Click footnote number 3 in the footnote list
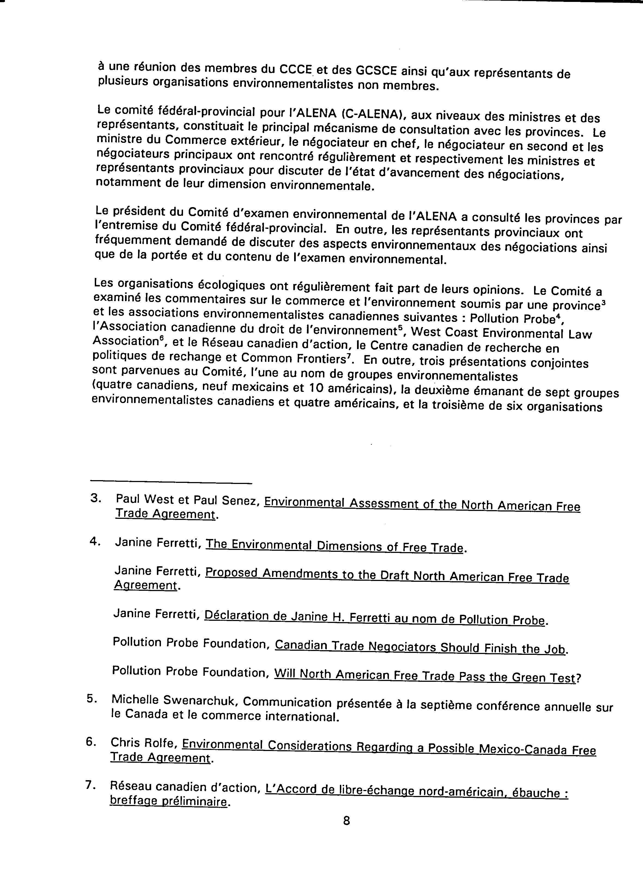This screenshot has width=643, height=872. [95, 498]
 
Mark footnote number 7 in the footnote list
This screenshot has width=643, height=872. [90, 786]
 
